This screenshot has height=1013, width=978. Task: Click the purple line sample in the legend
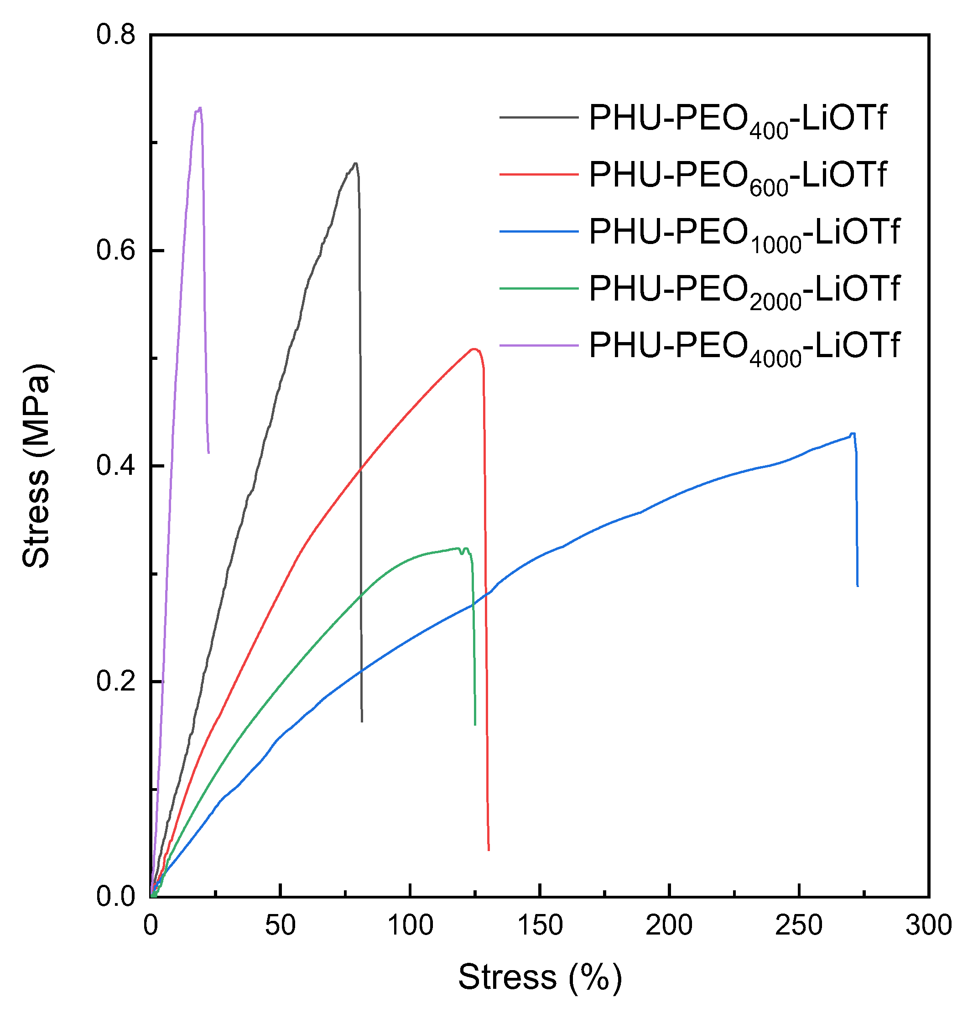click(538, 345)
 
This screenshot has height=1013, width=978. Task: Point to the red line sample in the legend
click(538, 174)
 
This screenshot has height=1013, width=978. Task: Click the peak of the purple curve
click(199, 108)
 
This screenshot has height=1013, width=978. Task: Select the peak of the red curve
click(473, 349)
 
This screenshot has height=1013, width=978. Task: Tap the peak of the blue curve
click(853, 434)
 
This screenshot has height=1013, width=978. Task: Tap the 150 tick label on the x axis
click(540, 925)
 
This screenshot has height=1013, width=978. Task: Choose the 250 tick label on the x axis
click(799, 925)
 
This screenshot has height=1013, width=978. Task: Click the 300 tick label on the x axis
click(928, 925)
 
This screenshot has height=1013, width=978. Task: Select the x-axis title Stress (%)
click(540, 977)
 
